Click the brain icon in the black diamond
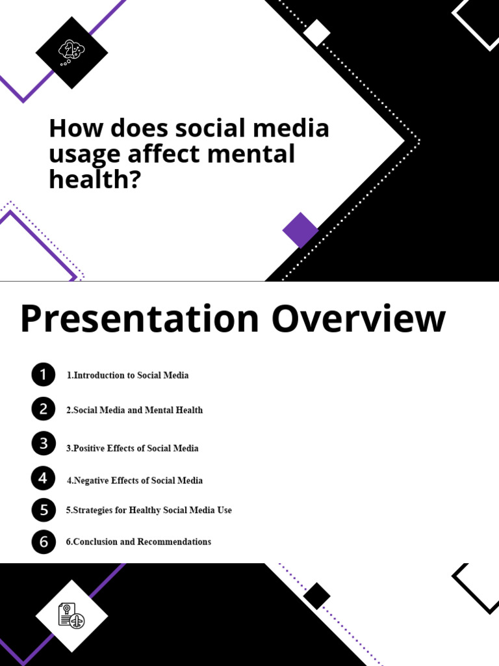[71, 52]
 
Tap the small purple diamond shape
[300, 230]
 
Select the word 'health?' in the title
[95, 179]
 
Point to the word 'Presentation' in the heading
[139, 320]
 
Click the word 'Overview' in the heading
[359, 320]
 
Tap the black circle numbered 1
[43, 375]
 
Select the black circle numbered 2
[43, 409]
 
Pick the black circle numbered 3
[43, 444]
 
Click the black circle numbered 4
[43, 479]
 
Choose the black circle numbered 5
[43, 510]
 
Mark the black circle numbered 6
[43, 542]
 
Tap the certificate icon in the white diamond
[71, 615]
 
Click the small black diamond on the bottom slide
[316, 596]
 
